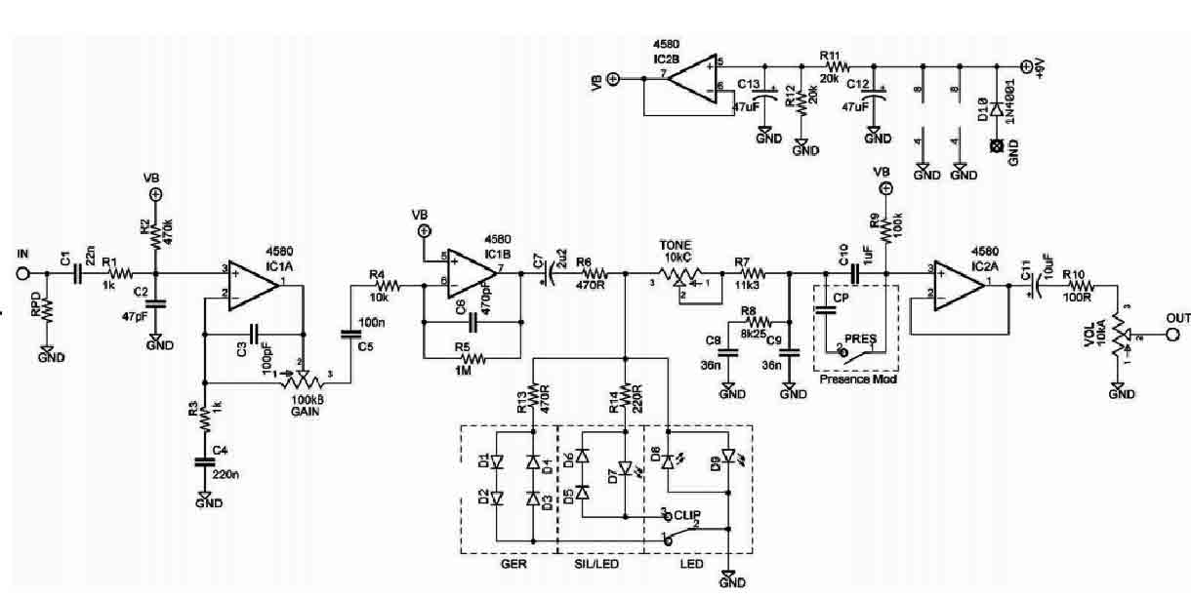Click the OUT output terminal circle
tap(1172, 335)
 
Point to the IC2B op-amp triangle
tap(692, 75)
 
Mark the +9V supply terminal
tap(1026, 66)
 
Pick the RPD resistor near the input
tap(45, 311)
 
